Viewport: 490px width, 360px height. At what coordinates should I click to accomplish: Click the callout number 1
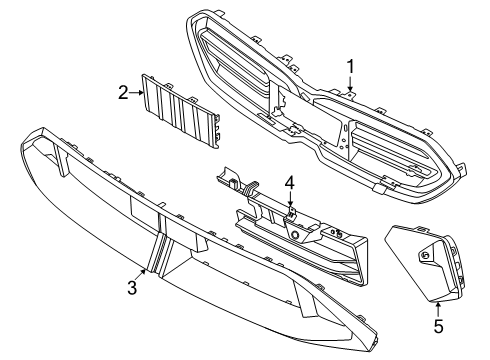click(350, 67)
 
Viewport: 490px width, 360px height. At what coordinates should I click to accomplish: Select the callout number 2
click(123, 92)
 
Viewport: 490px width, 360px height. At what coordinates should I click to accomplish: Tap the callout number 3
click(132, 287)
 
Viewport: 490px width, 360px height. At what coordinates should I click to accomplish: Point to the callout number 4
click(290, 183)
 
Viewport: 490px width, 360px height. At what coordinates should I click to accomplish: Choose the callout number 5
click(438, 326)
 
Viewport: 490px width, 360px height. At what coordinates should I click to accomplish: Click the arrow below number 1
click(350, 84)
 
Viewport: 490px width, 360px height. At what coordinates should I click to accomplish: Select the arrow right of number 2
click(136, 93)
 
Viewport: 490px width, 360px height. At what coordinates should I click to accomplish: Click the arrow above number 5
click(438, 309)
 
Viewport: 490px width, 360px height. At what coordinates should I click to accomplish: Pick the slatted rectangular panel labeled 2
click(180, 111)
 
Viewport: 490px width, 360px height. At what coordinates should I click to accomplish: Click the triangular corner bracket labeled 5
click(425, 263)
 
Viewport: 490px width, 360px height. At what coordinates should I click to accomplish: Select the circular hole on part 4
click(294, 235)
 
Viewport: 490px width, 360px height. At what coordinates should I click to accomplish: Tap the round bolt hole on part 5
click(425, 256)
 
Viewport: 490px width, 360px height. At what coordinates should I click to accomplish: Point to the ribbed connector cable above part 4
click(252, 188)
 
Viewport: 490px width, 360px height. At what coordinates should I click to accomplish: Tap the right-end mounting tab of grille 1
click(463, 168)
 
